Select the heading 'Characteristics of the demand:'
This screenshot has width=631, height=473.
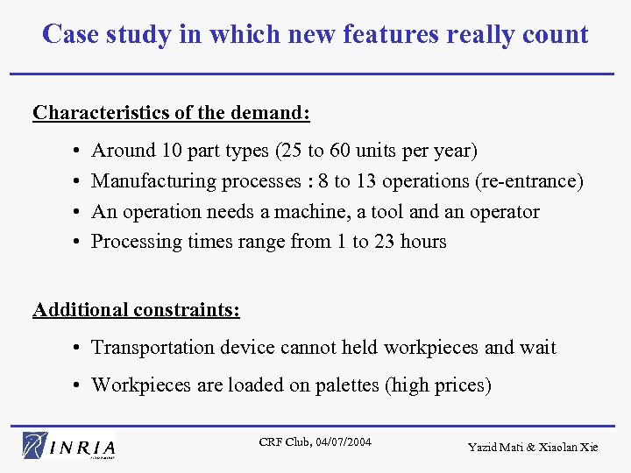[171, 113]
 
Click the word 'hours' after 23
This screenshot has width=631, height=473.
[423, 242]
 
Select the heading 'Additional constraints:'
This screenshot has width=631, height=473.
[137, 309]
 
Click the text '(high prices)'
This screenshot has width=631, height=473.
[438, 385]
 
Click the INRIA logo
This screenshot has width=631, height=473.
[70, 445]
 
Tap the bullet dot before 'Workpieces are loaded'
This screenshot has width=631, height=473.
[79, 385]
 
